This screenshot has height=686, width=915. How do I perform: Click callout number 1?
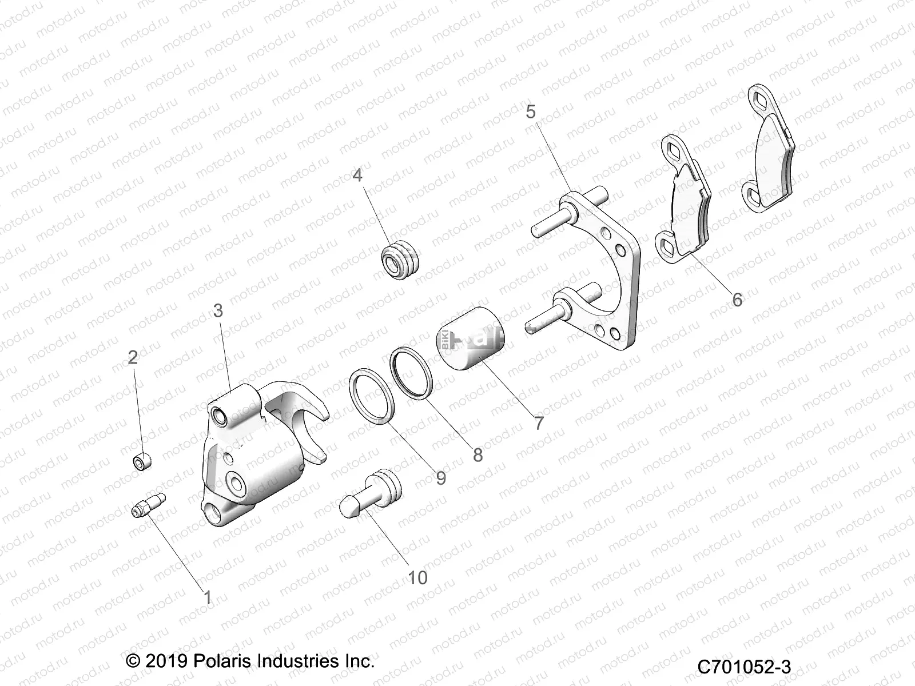pyautogui.click(x=208, y=597)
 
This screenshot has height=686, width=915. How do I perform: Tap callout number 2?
pyautogui.click(x=133, y=357)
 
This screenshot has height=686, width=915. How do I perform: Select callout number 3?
pyautogui.click(x=218, y=310)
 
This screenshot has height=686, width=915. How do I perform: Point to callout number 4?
pyautogui.click(x=357, y=174)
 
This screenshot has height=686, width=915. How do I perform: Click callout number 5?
pyautogui.click(x=531, y=111)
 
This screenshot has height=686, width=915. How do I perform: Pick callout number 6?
pyautogui.click(x=737, y=299)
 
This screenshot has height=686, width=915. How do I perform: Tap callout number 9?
pyautogui.click(x=440, y=477)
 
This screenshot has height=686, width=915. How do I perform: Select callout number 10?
pyautogui.click(x=417, y=577)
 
